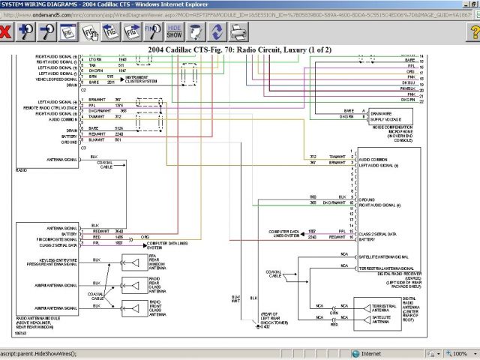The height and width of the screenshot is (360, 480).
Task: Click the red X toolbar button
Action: [6, 31]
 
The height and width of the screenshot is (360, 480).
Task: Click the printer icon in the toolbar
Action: [238, 31]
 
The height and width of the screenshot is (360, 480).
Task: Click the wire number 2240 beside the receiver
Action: [333, 236]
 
